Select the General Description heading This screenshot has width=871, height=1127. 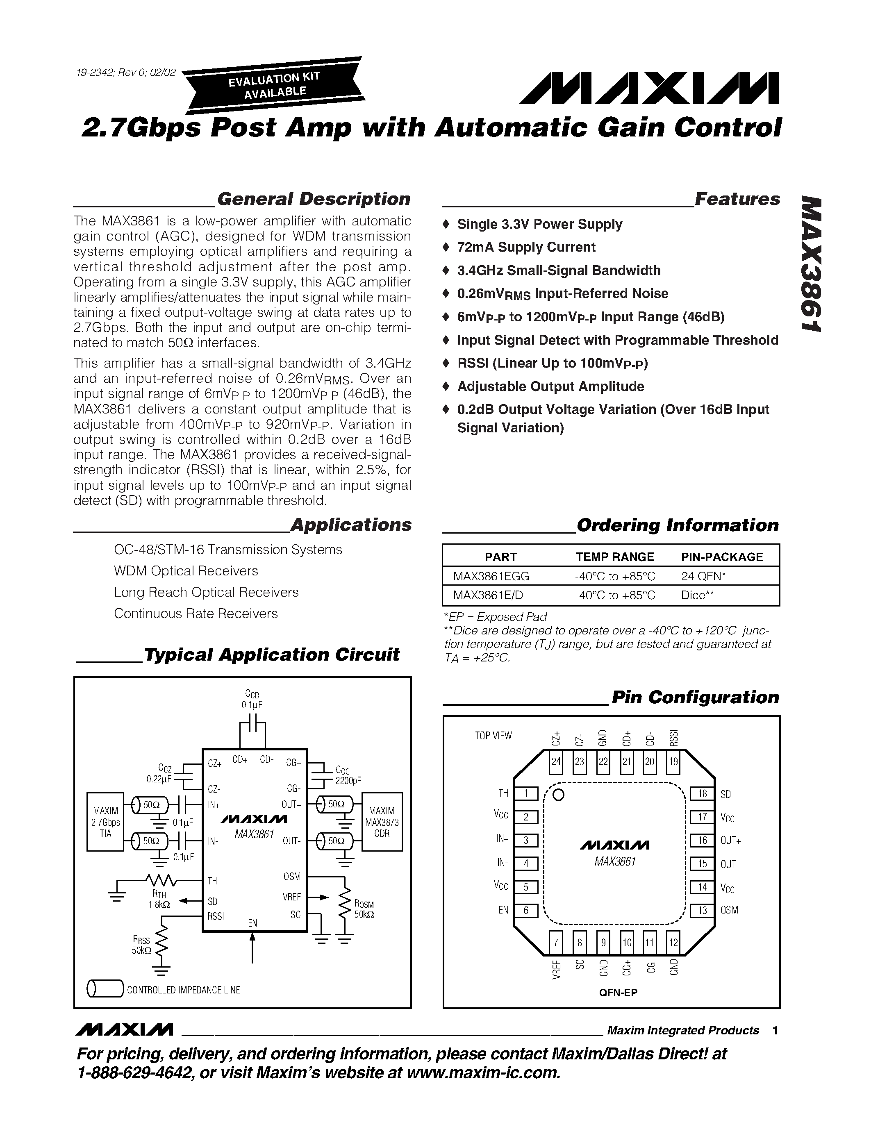click(313, 199)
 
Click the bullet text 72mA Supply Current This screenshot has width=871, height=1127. click(526, 247)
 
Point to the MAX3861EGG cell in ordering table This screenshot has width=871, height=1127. click(491, 576)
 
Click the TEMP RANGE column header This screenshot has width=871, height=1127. click(614, 557)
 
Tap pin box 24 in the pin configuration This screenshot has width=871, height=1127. click(556, 762)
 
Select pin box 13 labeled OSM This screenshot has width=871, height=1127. click(702, 910)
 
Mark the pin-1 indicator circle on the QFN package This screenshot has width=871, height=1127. click(558, 795)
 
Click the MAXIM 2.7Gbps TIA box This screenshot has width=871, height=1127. click(105, 822)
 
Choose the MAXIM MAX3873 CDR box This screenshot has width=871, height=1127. click(382, 822)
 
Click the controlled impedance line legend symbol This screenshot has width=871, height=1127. click(105, 989)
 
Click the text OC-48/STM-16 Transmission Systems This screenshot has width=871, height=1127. click(227, 550)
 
